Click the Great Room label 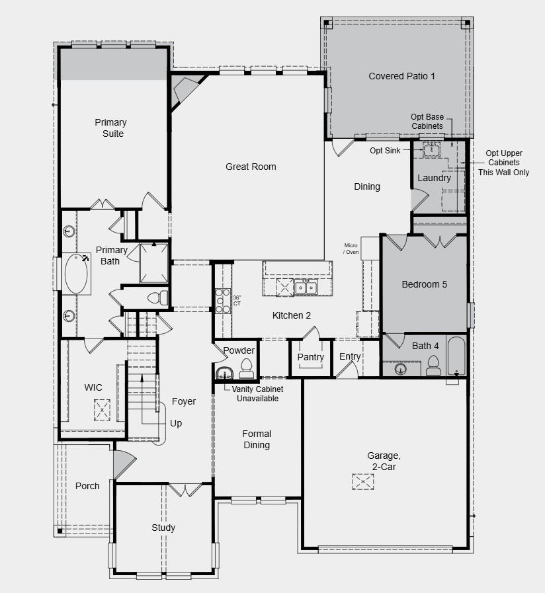tap(251, 167)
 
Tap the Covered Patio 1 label tap(401, 76)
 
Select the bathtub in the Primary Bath tap(77, 274)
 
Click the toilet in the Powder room tap(247, 366)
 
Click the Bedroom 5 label tap(425, 284)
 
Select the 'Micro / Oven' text tap(351, 249)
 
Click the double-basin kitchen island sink tap(306, 287)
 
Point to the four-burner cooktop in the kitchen tap(222, 301)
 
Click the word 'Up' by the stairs tap(175, 423)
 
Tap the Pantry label tap(310, 358)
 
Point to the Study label tap(163, 528)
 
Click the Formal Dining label tap(257, 440)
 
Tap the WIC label tap(93, 387)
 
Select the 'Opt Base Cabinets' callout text tap(427, 121)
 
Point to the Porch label tap(87, 486)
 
